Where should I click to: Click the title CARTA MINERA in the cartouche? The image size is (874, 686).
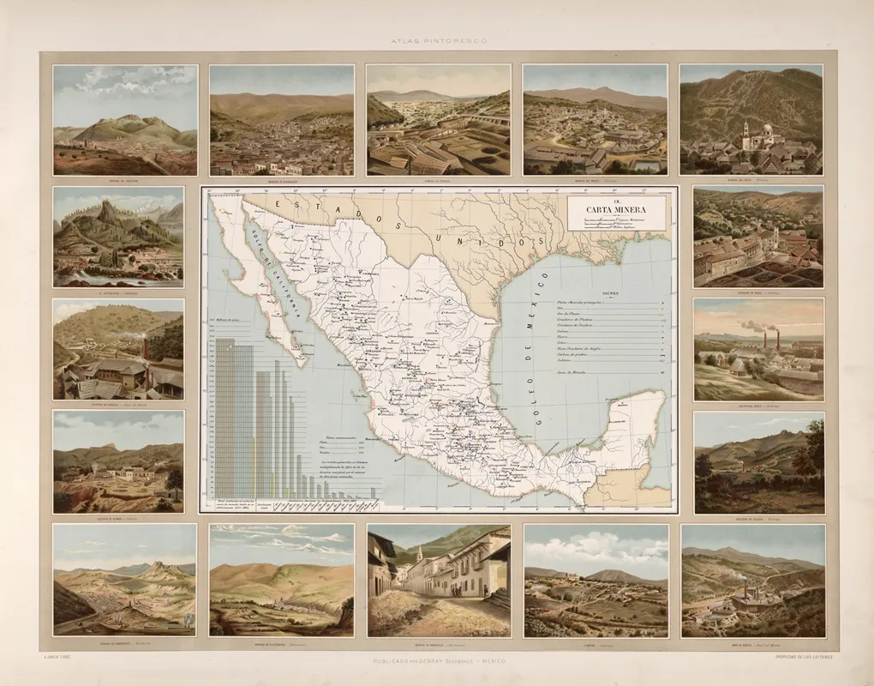(x=617, y=208)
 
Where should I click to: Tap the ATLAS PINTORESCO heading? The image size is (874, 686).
(x=437, y=41)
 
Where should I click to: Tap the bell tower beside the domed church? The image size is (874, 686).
(x=746, y=132)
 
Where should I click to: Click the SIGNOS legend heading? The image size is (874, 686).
(x=614, y=292)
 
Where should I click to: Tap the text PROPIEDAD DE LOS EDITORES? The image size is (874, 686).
(x=804, y=656)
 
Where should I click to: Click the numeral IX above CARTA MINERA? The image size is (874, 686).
(x=616, y=199)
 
